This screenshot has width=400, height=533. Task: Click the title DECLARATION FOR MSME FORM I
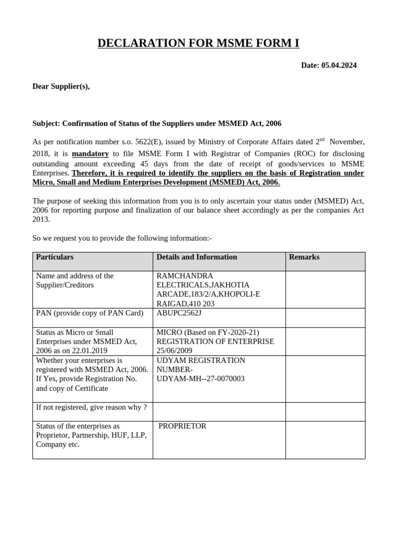point(198,43)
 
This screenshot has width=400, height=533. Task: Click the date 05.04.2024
point(339,65)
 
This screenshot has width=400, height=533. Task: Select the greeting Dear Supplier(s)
point(61,86)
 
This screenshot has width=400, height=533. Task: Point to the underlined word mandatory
point(90,154)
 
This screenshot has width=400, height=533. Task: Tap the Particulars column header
point(55,257)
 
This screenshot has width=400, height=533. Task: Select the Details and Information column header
point(197,257)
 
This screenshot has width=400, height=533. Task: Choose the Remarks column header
point(304,257)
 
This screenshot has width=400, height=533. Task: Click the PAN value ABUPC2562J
point(179,313)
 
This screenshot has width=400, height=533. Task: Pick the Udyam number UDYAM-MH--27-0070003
point(200,379)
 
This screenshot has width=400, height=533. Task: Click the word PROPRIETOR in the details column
point(182,426)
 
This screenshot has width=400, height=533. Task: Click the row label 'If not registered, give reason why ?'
point(91,408)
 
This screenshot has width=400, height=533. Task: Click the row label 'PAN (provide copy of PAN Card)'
point(90,313)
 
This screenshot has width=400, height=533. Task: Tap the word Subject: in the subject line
point(46,123)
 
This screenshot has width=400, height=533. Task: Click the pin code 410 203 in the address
point(196,304)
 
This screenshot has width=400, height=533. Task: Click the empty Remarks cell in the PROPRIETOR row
point(325,440)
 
